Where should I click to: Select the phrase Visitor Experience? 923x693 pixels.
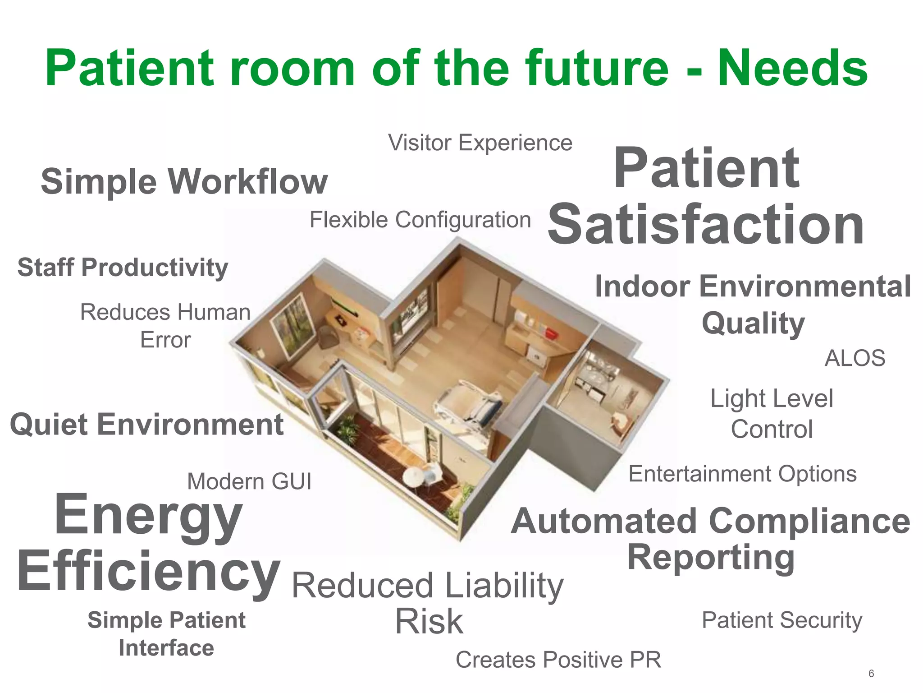click(x=480, y=143)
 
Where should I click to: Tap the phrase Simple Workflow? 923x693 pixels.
click(x=184, y=181)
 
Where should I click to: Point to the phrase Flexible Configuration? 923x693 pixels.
click(x=420, y=220)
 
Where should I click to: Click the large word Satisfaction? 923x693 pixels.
click(x=706, y=224)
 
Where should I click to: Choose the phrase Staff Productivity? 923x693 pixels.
click(x=123, y=267)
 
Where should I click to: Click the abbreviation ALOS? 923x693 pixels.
click(x=854, y=358)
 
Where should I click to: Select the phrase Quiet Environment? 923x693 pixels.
click(x=147, y=425)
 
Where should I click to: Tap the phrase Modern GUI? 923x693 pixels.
click(x=249, y=481)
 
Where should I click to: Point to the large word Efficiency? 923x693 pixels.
click(x=149, y=571)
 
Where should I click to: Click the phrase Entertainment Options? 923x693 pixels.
click(x=742, y=474)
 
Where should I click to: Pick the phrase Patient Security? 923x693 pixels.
click(x=782, y=620)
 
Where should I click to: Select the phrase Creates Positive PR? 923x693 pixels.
click(x=558, y=660)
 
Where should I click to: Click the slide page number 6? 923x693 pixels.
click(x=871, y=674)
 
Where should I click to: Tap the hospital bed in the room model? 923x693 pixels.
click(x=469, y=404)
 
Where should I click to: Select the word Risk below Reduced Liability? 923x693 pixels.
click(x=429, y=621)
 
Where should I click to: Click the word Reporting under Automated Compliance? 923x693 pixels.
click(x=711, y=558)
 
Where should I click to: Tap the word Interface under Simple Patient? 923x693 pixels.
click(x=166, y=648)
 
